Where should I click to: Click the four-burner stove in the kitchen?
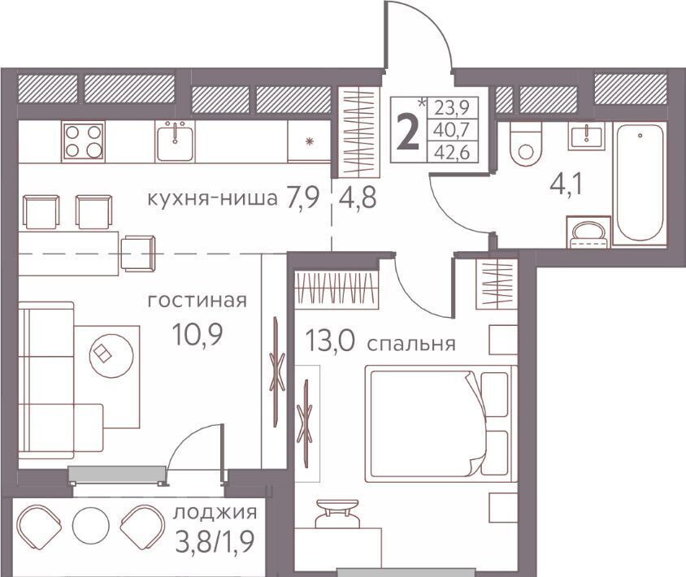pyautogui.click(x=83, y=141)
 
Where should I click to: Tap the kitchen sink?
pyautogui.click(x=175, y=141)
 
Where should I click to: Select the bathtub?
pyautogui.click(x=640, y=183)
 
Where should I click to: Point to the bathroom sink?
pyautogui.click(x=587, y=136)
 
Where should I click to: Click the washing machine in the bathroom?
pyautogui.click(x=588, y=231)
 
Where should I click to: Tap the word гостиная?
pyautogui.click(x=198, y=301)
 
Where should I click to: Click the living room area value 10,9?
pyautogui.click(x=198, y=335)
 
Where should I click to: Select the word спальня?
pyautogui.click(x=411, y=344)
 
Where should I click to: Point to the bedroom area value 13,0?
pyautogui.click(x=330, y=341)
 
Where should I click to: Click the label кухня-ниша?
pyautogui.click(x=213, y=199)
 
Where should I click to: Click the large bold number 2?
pyautogui.click(x=406, y=130)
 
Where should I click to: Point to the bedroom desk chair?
pyautogui.click(x=336, y=513)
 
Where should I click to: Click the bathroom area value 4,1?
pyautogui.click(x=567, y=186)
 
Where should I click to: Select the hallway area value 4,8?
pyautogui.click(x=358, y=199)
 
